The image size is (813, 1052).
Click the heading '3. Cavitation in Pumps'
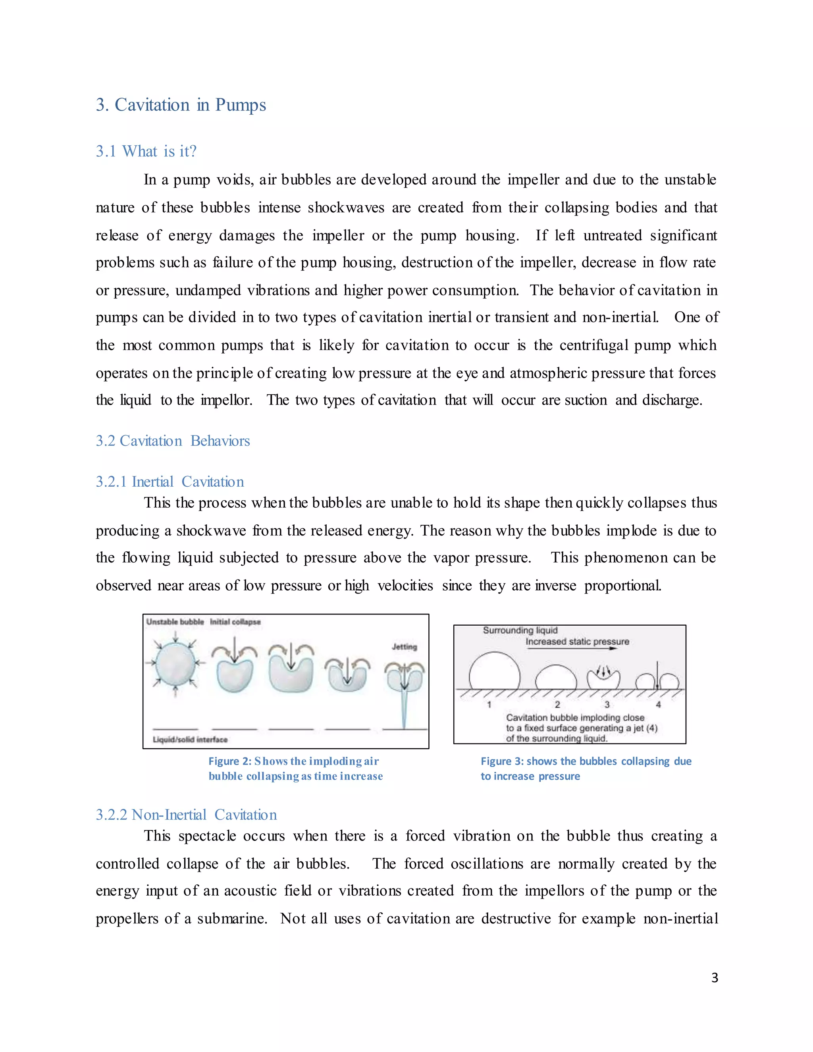181,105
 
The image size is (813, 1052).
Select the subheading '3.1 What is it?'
146,151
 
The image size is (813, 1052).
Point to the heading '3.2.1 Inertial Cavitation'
170,482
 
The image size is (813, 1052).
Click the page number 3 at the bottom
714,977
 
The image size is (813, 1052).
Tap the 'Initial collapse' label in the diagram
235,622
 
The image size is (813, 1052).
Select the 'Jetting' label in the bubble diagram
404,646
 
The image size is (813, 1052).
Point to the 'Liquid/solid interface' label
190,740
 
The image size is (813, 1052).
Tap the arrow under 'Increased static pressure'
571,648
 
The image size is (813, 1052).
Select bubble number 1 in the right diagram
494,671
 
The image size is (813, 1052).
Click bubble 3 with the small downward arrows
603,678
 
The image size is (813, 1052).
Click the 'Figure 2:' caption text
230,761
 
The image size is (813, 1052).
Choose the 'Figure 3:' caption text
502,761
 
